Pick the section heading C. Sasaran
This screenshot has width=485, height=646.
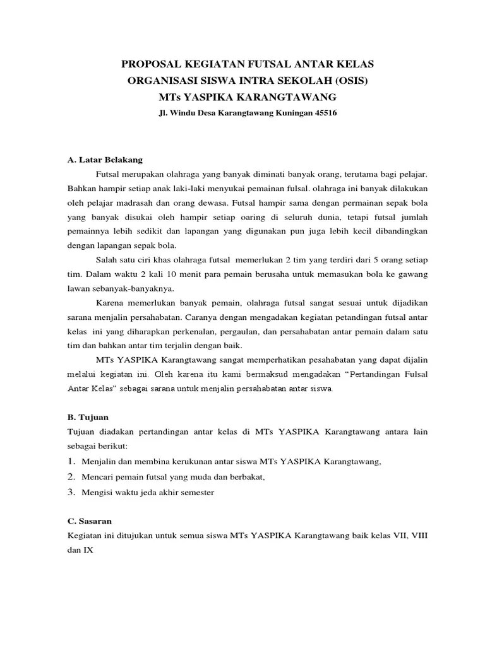pyautogui.click(x=89, y=522)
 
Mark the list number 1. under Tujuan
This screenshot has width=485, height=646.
pyautogui.click(x=71, y=462)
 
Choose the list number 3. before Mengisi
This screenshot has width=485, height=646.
pyautogui.click(x=71, y=492)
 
